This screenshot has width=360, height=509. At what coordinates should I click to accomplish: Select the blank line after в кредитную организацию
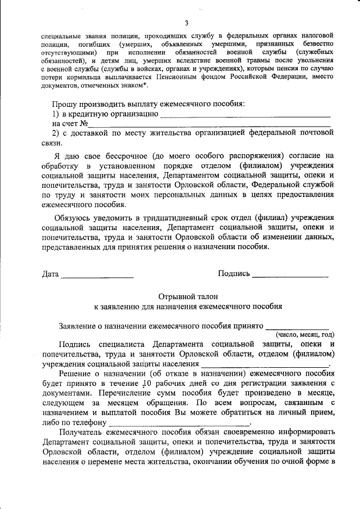point(245,116)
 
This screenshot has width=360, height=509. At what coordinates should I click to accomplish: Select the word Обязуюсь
point(74,218)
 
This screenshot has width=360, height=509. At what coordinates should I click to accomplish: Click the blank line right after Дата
point(97,276)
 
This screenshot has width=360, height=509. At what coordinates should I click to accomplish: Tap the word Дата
point(51,274)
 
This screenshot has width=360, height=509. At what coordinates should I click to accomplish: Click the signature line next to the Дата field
point(290,276)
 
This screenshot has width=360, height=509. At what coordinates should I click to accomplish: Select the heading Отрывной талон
point(188,296)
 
